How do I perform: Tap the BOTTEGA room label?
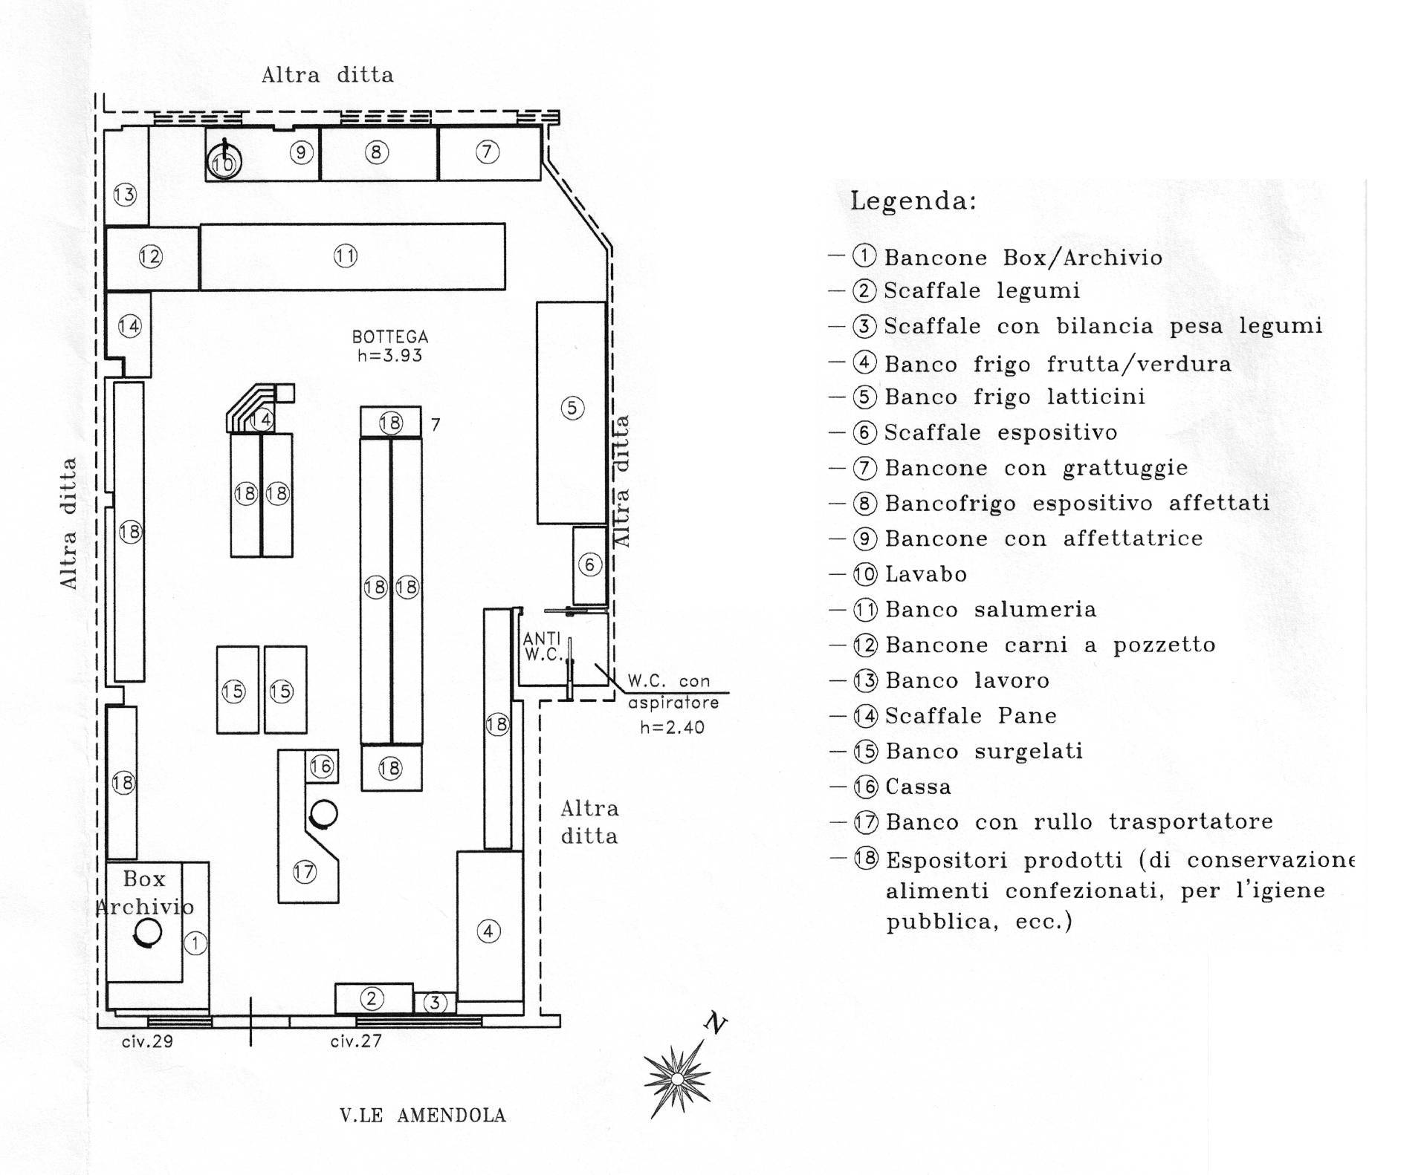(390, 346)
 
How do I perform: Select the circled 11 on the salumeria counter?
(346, 256)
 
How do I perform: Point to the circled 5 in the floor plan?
(572, 408)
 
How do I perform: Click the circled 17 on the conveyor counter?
(305, 871)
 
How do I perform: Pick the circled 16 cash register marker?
(322, 766)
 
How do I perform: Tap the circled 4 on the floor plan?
(488, 931)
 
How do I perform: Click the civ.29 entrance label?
(147, 1041)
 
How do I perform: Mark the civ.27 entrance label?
(356, 1041)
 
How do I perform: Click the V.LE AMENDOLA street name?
(423, 1116)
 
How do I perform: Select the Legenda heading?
(913, 201)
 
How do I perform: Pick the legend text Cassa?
(918, 787)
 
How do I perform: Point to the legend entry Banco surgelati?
(983, 752)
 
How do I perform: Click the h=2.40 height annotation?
(672, 727)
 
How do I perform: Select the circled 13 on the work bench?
(125, 195)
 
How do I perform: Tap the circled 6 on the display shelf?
(590, 565)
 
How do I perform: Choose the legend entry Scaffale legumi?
(981, 290)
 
